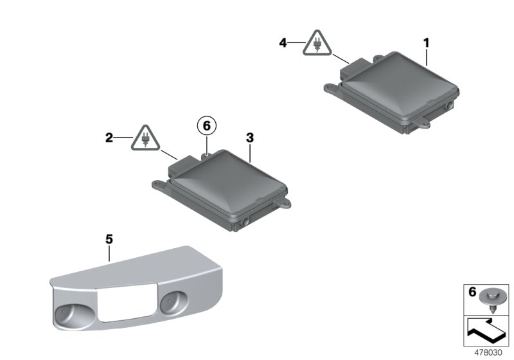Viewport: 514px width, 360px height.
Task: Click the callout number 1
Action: (426, 42)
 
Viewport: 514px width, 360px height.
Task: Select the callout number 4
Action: (283, 42)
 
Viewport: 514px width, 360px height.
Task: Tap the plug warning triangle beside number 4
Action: (317, 43)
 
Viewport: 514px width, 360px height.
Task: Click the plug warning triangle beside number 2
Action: (145, 138)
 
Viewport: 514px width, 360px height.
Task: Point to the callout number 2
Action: (109, 138)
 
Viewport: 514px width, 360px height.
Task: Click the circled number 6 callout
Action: (206, 126)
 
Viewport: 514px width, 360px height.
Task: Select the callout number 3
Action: (250, 138)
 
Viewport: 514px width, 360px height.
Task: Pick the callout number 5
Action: (109, 239)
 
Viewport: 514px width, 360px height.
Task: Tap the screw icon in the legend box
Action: (490, 300)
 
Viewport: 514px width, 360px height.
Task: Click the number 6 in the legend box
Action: (472, 291)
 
